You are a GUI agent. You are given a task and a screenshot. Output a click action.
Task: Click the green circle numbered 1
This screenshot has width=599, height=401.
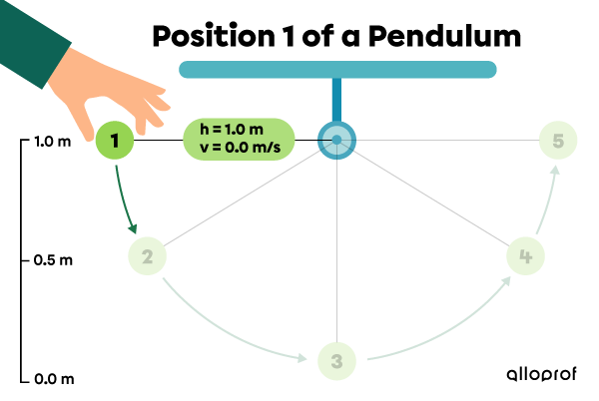pos(116,142)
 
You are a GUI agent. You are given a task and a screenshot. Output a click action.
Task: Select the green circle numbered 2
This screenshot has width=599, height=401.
pos(147,257)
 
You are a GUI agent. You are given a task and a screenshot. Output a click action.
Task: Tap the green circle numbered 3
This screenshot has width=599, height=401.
pos(336,361)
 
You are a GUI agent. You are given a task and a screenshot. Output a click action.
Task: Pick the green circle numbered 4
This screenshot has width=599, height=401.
pos(525,256)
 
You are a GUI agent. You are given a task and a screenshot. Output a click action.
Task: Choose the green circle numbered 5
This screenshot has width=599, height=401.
pos(558,142)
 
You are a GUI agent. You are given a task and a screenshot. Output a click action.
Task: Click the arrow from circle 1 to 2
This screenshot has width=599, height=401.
pos(126,200)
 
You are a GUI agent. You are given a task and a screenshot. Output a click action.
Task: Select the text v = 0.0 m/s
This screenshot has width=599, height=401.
pos(239,149)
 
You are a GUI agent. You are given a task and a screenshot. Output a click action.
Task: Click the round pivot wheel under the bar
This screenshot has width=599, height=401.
pos(336,139)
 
